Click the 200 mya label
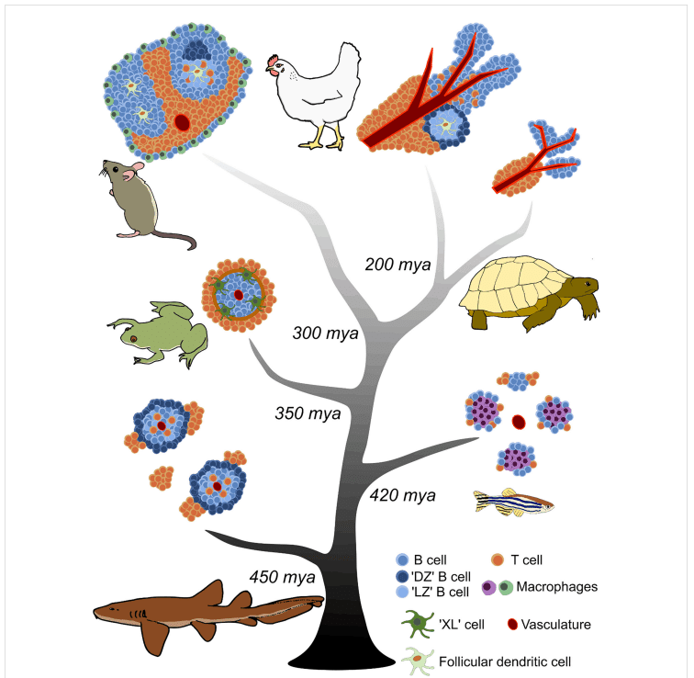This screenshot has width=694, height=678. click(397, 265)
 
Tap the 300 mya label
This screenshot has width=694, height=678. click(325, 333)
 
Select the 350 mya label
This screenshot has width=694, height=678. click(308, 413)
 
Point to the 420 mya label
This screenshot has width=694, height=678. click(403, 495)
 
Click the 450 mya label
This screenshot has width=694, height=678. click(283, 578)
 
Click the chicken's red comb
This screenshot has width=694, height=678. click(273, 60)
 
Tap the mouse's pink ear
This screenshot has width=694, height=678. click(138, 167)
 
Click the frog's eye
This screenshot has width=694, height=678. click(133, 339)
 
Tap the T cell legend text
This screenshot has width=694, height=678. click(526, 560)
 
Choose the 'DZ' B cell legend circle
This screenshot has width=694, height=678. click(402, 577)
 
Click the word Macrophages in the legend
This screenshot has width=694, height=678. click(557, 587)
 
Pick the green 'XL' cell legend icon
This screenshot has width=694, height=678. click(418, 624)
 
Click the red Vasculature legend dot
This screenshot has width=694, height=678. click(512, 625)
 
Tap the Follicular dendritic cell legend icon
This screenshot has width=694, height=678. click(418, 661)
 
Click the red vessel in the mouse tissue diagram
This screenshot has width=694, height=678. click(182, 122)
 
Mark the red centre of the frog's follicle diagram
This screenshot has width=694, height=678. click(239, 295)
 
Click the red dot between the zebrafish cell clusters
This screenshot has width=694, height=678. click(519, 422)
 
